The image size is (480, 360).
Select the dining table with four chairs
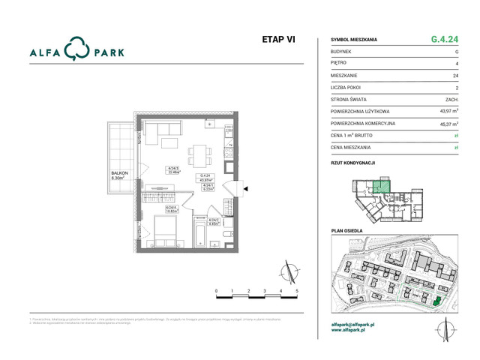[x=199, y=154]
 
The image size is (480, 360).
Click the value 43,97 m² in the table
[x=448, y=111]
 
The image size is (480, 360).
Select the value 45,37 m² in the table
[x=448, y=124]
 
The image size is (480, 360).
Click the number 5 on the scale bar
[x=297, y=289]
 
